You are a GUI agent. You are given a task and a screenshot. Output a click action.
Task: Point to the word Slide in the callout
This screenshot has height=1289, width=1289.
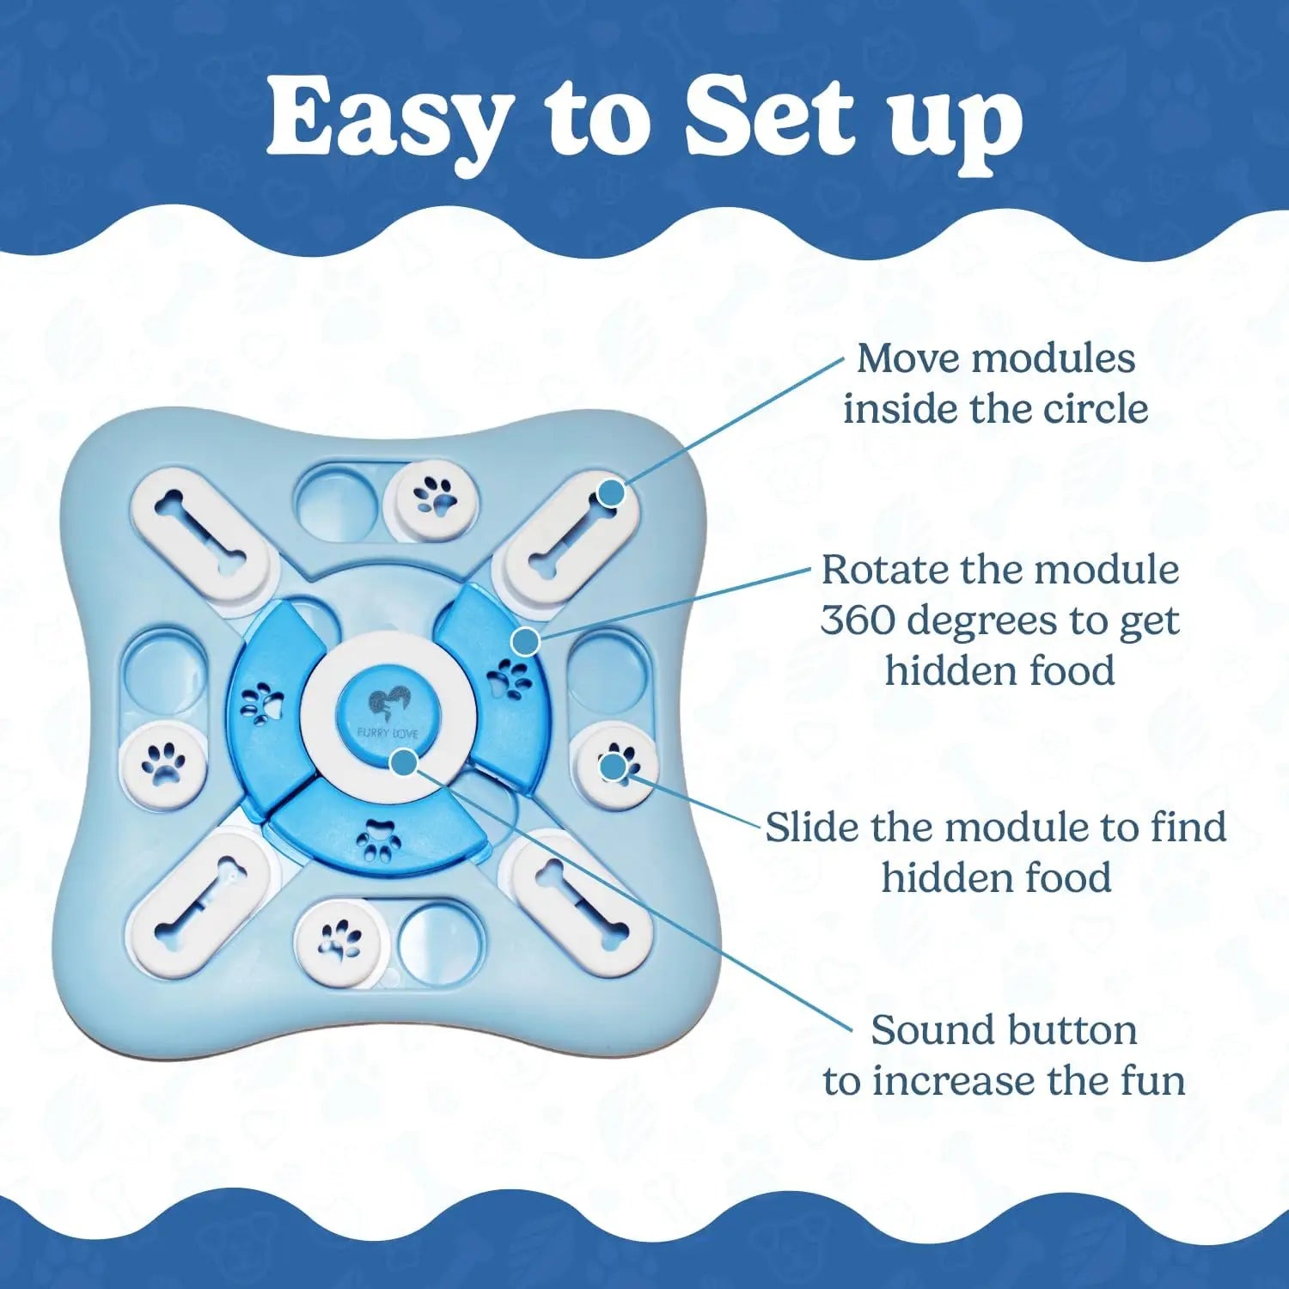click(811, 828)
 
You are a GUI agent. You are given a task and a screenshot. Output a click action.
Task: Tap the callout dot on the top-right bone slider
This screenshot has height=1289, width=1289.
click(611, 493)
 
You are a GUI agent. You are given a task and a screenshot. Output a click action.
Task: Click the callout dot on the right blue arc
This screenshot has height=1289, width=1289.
click(525, 641)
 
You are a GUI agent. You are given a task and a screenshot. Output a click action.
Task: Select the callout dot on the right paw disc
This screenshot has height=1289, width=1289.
click(613, 766)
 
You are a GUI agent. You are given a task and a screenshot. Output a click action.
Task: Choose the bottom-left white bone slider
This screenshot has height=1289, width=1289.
click(199, 900)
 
